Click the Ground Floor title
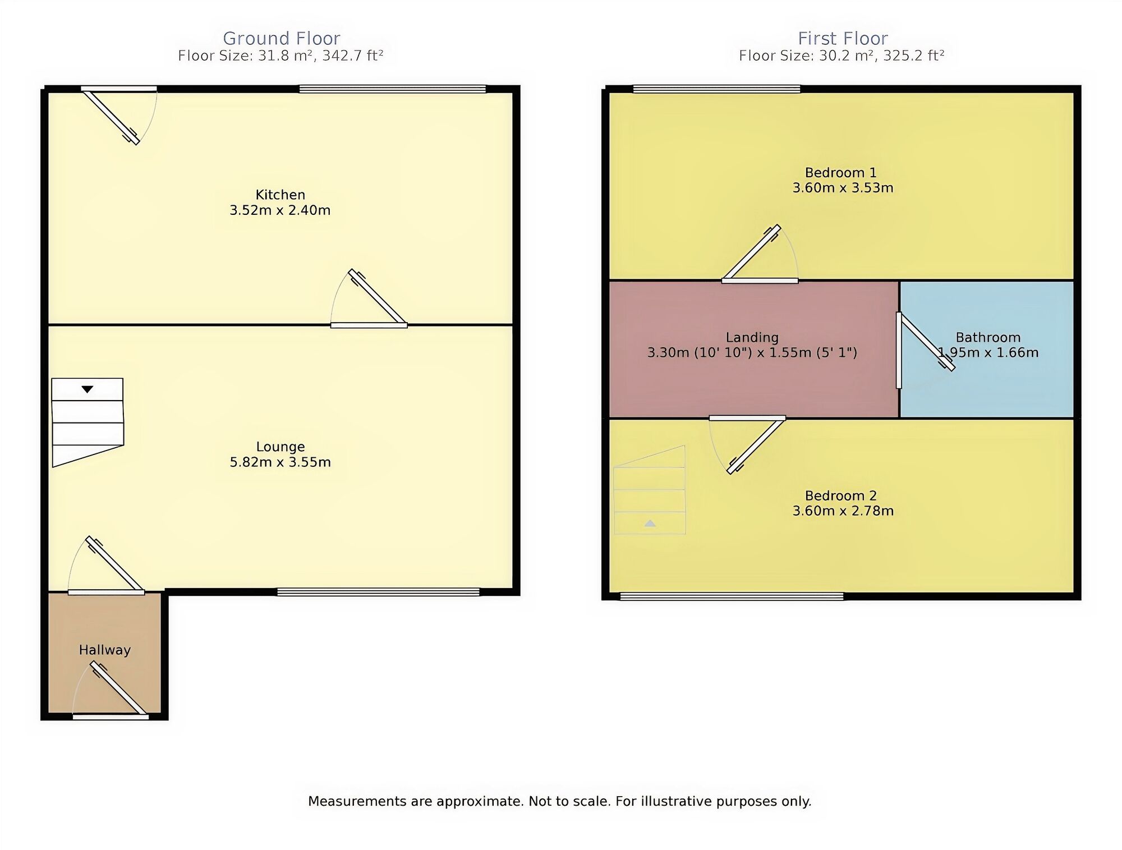(x=281, y=38)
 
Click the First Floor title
(x=843, y=38)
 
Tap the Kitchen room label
(x=280, y=195)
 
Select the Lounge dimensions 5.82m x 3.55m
(x=280, y=462)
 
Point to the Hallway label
(x=104, y=650)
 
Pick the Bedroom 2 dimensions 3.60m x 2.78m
(x=843, y=511)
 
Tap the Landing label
(x=752, y=337)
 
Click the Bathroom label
(x=987, y=337)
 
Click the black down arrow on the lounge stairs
(x=87, y=389)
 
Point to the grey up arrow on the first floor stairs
(x=650, y=523)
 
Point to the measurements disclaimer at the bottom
(x=559, y=801)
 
